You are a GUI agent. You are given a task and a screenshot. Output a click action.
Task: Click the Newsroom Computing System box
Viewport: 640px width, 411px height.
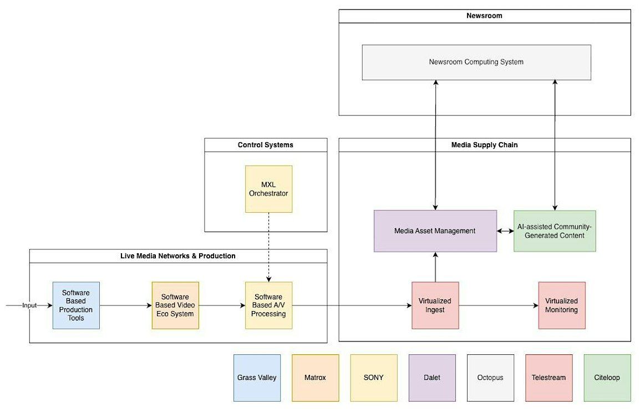click(x=476, y=62)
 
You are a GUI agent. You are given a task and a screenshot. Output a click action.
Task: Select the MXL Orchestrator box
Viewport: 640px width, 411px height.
click(x=268, y=189)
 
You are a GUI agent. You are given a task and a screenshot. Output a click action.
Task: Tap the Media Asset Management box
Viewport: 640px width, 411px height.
click(x=435, y=231)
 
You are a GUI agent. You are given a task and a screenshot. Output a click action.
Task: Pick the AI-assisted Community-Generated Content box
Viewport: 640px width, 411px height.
click(x=555, y=231)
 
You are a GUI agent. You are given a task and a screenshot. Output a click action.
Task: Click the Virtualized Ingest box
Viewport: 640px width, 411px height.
click(x=435, y=305)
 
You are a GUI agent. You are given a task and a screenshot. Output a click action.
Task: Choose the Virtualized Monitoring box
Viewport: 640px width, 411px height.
click(x=562, y=305)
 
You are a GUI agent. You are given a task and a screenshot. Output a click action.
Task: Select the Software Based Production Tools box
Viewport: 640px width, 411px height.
click(x=76, y=305)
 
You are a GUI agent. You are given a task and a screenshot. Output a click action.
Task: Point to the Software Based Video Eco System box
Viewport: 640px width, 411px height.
click(x=175, y=305)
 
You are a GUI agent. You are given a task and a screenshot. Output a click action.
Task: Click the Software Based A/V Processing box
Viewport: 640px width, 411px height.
click(x=268, y=305)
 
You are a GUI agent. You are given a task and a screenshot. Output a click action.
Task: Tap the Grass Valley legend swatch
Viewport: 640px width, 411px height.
click(x=257, y=378)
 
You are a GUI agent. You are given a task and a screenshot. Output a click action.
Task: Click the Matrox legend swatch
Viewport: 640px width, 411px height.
click(x=315, y=378)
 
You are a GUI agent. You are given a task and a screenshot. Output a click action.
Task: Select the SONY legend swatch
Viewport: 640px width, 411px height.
click(x=373, y=378)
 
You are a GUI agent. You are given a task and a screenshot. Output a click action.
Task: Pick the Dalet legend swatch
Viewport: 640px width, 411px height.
click(x=432, y=378)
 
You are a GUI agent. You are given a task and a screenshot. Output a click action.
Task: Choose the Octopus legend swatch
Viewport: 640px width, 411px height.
click(x=490, y=378)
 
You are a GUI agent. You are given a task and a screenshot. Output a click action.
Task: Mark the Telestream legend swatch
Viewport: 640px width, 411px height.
click(x=548, y=378)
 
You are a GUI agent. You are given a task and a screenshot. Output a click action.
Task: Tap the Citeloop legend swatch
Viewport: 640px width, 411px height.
click(x=607, y=378)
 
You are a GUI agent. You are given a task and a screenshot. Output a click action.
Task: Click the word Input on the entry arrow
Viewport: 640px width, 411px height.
click(x=29, y=305)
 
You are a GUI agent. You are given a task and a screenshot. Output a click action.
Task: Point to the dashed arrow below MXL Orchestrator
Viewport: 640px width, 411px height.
click(x=268, y=247)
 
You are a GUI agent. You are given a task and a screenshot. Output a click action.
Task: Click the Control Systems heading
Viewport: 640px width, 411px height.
click(x=265, y=145)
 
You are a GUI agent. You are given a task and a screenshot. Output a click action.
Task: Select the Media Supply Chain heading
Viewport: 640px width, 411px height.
click(x=485, y=145)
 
